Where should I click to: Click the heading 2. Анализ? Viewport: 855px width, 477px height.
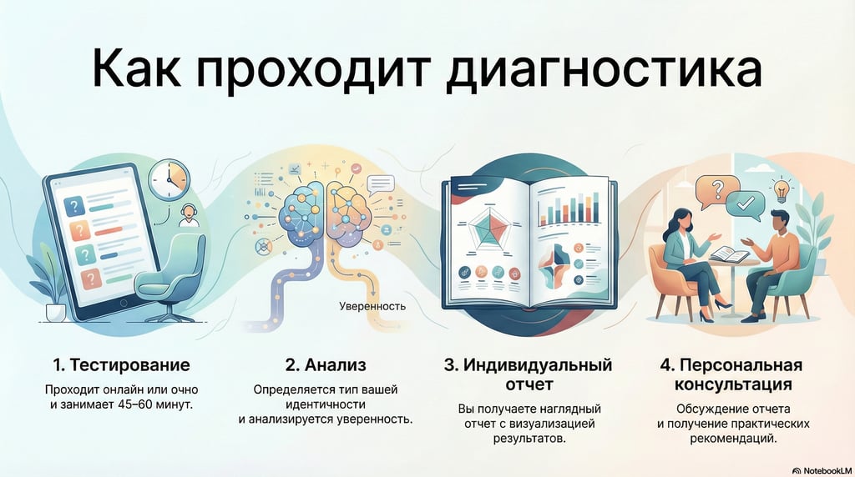[x=326, y=365]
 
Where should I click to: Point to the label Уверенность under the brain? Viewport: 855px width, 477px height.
[x=372, y=306]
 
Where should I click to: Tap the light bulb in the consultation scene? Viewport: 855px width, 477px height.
[x=782, y=189]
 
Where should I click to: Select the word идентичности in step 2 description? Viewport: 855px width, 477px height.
[x=326, y=404]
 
